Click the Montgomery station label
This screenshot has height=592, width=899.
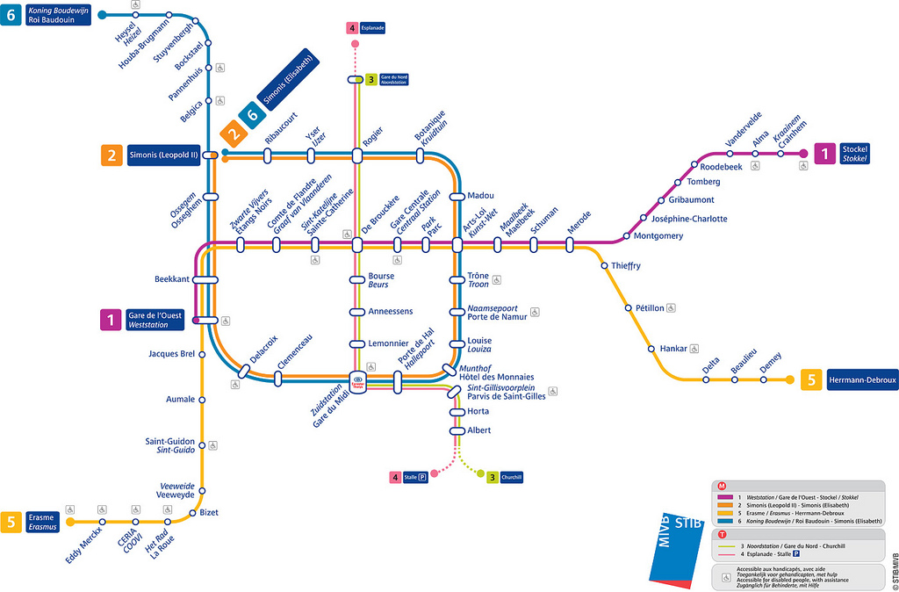click(x=658, y=235)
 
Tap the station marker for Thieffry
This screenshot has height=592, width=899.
click(x=604, y=265)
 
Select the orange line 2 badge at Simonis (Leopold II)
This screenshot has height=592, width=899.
click(x=111, y=155)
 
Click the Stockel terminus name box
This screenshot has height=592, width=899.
click(x=854, y=154)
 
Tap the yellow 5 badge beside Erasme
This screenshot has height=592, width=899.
click(x=11, y=522)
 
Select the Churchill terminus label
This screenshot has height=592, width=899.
click(x=511, y=477)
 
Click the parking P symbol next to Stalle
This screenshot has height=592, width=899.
click(x=423, y=477)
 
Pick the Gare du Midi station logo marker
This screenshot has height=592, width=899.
click(x=357, y=383)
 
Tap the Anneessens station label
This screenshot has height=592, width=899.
click(x=390, y=311)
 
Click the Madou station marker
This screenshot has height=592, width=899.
click(x=457, y=196)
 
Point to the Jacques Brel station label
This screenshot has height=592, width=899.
click(x=171, y=354)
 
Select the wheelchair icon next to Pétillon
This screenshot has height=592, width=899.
click(x=671, y=307)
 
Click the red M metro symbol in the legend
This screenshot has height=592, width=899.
click(x=722, y=486)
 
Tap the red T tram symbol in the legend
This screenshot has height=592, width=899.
click(x=722, y=534)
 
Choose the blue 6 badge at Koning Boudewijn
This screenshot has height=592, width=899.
click(x=13, y=15)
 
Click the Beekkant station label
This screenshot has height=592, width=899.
click(x=172, y=279)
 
